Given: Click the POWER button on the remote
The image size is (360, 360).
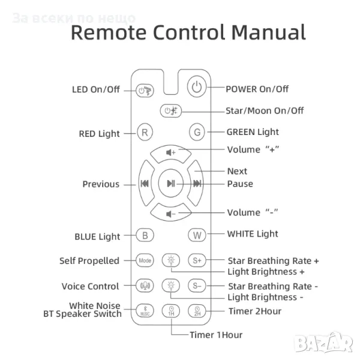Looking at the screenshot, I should (x=196, y=88).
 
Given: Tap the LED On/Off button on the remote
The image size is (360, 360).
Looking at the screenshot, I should (x=145, y=91).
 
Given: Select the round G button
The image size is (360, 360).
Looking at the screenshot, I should (x=196, y=131).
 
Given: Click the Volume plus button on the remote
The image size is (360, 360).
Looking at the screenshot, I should (x=171, y=152).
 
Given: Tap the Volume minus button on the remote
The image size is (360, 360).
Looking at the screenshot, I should (x=171, y=213).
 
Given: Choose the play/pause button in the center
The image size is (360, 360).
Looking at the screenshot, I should (x=171, y=183).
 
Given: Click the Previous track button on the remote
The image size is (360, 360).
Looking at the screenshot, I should (x=145, y=184).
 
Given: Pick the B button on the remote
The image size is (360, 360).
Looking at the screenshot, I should (x=145, y=235).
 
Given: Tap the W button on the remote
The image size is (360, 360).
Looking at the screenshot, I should (x=197, y=235).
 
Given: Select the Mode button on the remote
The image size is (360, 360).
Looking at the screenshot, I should (x=145, y=260).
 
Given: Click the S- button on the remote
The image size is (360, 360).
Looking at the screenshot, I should (x=197, y=286).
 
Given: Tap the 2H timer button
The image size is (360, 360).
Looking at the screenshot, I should (x=197, y=311).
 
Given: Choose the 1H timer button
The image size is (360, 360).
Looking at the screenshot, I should (x=171, y=311).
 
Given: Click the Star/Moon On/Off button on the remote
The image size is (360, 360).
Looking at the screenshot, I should (x=171, y=110).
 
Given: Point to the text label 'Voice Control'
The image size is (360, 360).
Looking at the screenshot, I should (x=90, y=286).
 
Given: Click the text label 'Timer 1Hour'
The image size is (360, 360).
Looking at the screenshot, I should (x=216, y=335).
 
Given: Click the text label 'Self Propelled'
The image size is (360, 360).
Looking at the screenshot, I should (x=89, y=261).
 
